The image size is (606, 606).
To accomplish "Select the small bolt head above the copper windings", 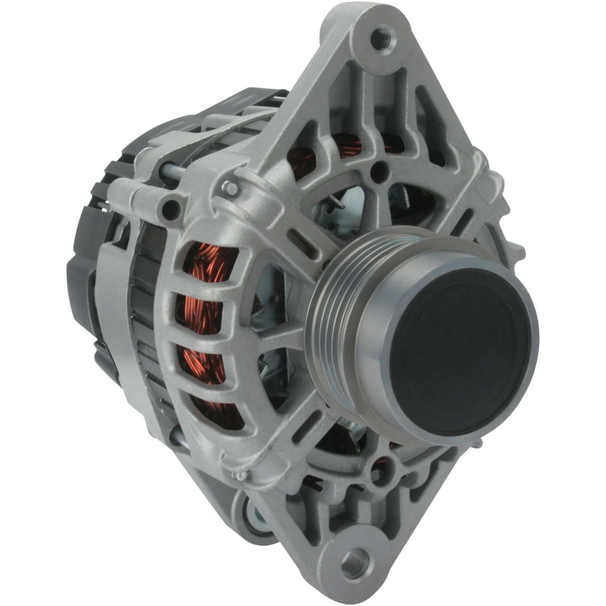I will [231, 188].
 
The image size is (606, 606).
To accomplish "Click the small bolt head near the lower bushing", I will [241, 476].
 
